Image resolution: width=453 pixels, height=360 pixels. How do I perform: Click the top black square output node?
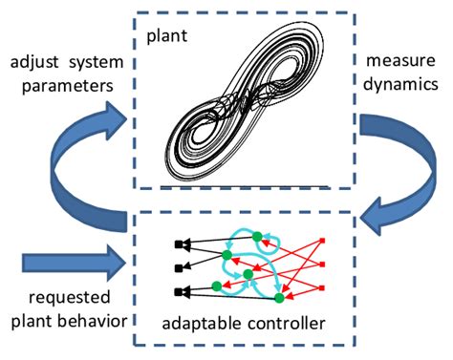(179, 244)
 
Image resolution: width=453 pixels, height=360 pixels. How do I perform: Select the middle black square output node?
(179, 266)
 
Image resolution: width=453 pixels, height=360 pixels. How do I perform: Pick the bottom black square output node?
(179, 289)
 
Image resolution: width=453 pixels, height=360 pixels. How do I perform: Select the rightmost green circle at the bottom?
(279, 296)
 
